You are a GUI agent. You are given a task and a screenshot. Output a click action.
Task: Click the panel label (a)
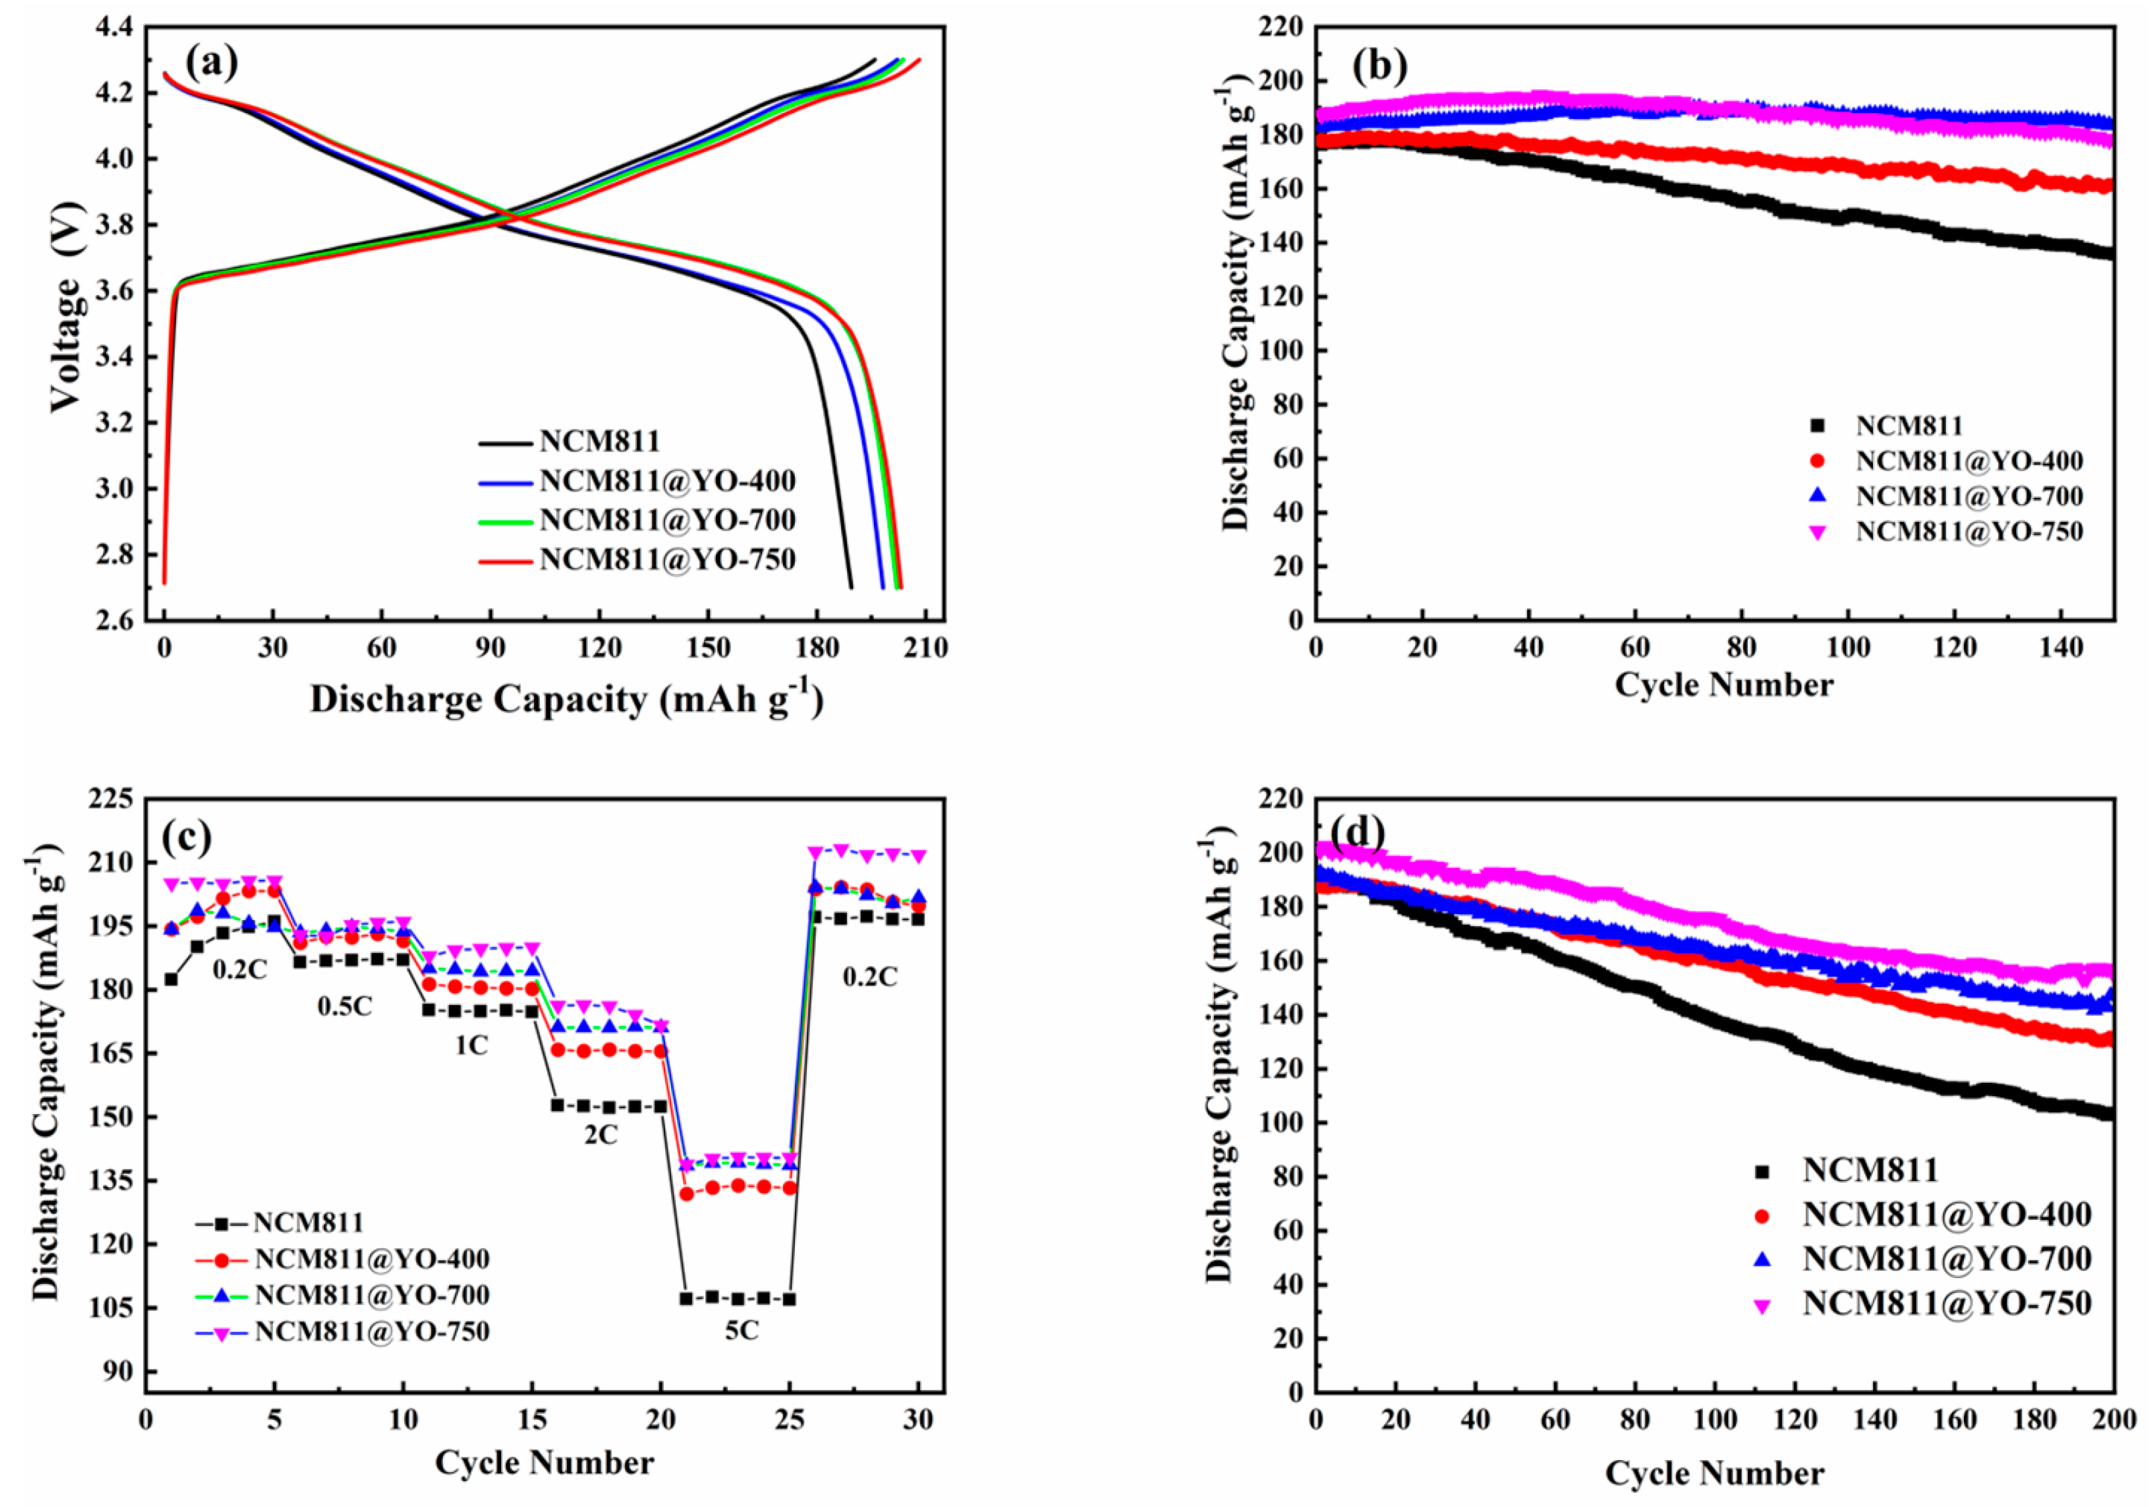(x=211, y=63)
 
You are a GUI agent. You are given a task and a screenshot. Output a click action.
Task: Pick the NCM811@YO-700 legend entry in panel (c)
(x=371, y=1295)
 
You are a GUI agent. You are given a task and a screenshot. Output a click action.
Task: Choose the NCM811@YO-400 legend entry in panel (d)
(x=1947, y=1215)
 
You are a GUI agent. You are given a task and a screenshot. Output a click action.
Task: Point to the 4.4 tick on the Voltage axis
(x=114, y=27)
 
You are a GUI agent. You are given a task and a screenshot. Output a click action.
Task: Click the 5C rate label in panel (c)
(x=741, y=1330)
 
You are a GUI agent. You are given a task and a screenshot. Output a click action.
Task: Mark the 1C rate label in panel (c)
(x=471, y=1045)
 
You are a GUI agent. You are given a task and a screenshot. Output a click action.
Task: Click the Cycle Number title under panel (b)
(x=1723, y=685)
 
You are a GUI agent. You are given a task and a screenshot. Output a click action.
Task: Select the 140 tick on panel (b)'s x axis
(x=2060, y=648)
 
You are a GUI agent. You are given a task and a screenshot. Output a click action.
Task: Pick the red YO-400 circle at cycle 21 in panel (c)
(x=686, y=1194)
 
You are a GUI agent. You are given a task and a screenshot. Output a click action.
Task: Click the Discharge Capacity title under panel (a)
(x=567, y=699)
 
